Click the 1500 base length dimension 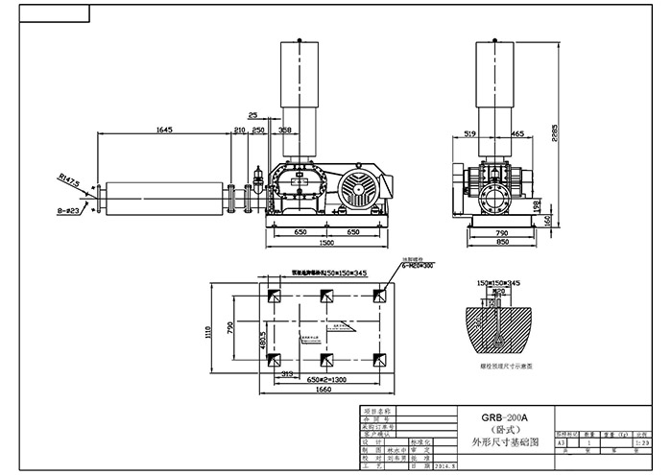pyautogui.click(x=329, y=243)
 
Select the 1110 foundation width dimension pyautogui.click(x=207, y=332)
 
